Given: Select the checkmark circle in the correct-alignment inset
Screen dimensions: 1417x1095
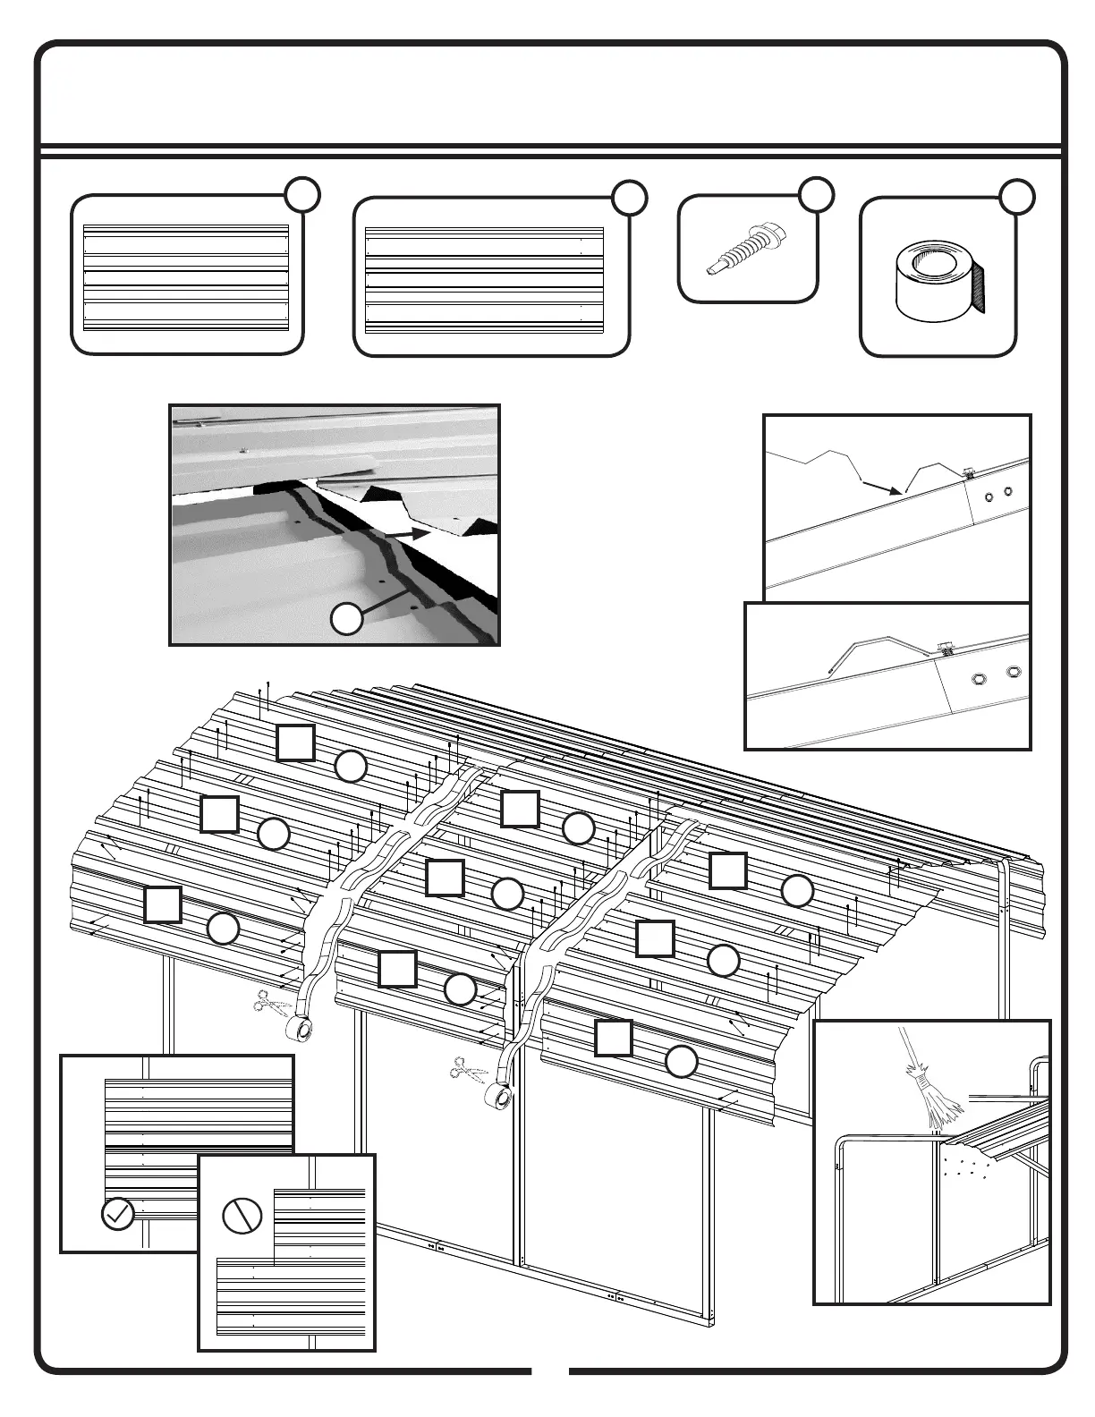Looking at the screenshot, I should point(118,1214).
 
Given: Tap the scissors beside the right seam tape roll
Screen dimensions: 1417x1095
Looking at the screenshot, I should point(467,1068).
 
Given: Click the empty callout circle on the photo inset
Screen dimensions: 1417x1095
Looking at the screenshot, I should point(347,619).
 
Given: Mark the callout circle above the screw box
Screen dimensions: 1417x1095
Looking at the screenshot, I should point(815,194).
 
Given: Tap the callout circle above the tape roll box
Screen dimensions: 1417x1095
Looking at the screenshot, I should point(1016,197).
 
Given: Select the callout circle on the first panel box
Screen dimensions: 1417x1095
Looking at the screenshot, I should point(304,194).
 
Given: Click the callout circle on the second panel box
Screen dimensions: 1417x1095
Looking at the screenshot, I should point(630,199).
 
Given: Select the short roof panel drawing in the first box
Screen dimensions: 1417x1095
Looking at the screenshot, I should point(186,278).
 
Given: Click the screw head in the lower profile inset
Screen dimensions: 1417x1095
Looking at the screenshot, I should point(944,646).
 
